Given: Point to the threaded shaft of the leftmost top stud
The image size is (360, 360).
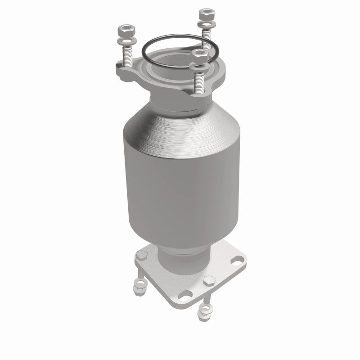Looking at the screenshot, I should [126, 56].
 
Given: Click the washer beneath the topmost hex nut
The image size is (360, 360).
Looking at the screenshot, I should [207, 22].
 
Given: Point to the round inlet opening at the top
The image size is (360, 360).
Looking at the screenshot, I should [173, 67].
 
